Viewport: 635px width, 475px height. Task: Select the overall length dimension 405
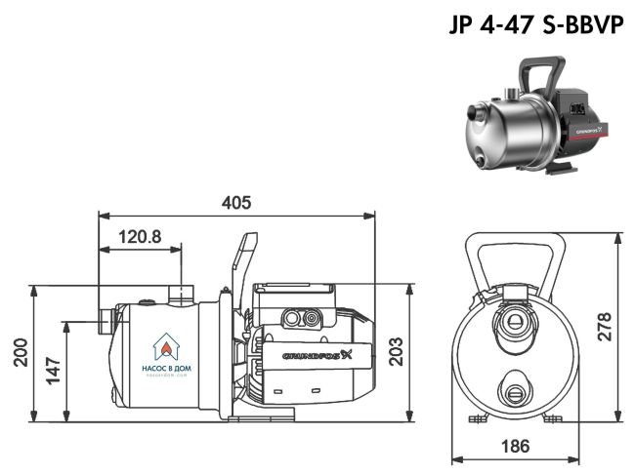(235, 202)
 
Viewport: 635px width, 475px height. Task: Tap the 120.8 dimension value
(139, 236)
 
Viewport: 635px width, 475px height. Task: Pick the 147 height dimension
(54, 370)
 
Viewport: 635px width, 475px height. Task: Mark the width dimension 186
(514, 446)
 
